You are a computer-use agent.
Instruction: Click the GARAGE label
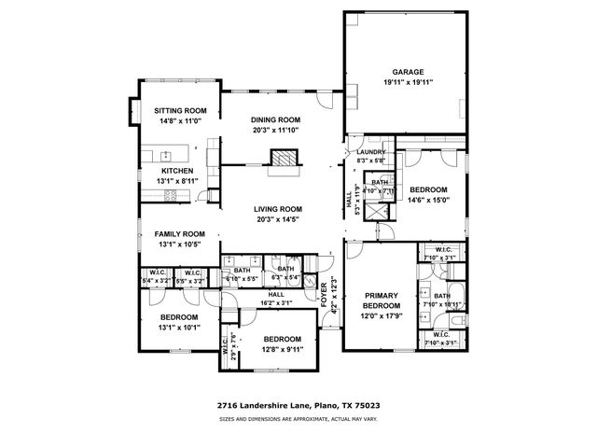point(408,71)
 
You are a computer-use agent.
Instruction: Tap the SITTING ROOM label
point(178,110)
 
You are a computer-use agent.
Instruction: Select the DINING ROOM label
point(277,119)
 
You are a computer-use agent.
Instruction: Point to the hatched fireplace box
point(282,158)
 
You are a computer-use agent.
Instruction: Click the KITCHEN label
point(176,171)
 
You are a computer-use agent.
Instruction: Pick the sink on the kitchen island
point(165,155)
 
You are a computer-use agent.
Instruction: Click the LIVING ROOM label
point(278,209)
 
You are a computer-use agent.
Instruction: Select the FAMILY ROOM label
point(179,233)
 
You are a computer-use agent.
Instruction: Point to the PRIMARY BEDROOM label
point(382,300)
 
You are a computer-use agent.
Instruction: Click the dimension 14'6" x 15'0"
point(429,198)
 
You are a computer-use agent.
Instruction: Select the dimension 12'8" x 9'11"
point(281,349)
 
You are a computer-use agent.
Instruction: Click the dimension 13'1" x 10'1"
point(177,328)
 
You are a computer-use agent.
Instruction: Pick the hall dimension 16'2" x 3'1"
point(277,302)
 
